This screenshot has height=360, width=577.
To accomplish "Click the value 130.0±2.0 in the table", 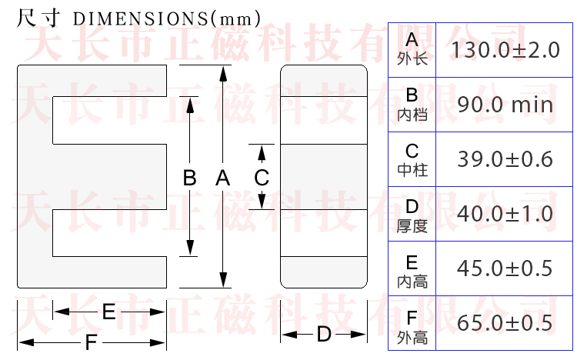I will (x=505, y=50).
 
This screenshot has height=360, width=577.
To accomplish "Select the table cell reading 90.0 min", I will (x=505, y=105).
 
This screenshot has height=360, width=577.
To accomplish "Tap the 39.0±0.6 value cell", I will (x=505, y=159).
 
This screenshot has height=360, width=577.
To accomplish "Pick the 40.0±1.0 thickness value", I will (x=505, y=214).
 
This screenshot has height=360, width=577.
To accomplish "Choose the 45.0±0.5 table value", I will (x=505, y=268).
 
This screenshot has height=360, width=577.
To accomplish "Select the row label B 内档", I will (x=412, y=104).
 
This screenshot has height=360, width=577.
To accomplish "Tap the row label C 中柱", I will (x=412, y=158).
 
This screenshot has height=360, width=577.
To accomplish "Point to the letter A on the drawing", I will (x=223, y=178).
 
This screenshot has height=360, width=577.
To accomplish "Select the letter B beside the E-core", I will (x=190, y=178).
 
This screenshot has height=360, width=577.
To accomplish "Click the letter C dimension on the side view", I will (x=262, y=178).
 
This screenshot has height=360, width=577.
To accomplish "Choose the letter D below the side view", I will (x=324, y=335).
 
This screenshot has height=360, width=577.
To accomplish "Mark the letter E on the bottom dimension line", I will (x=108, y=312).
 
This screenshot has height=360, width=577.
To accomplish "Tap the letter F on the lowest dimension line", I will (x=91, y=342).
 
